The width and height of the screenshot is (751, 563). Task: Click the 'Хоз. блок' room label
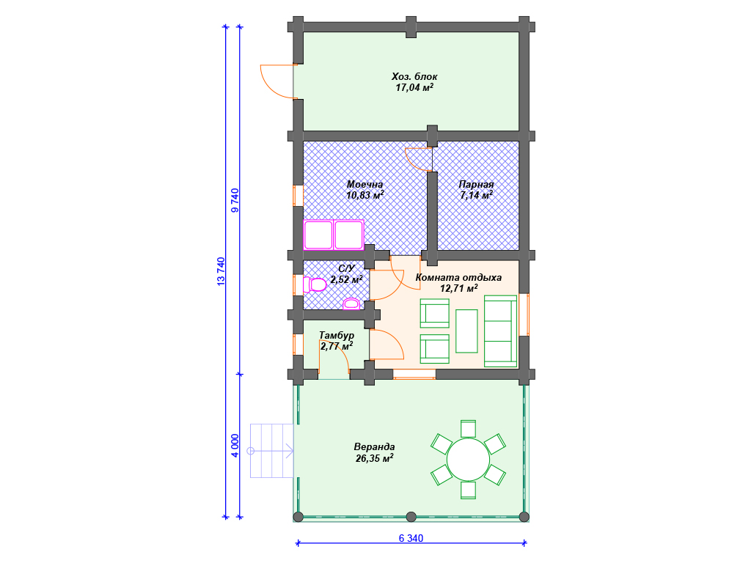click(x=414, y=76)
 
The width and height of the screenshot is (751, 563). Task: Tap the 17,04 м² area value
click(x=414, y=87)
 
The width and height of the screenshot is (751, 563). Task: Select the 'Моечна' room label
click(x=365, y=184)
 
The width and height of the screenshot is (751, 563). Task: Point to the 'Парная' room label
click(x=476, y=184)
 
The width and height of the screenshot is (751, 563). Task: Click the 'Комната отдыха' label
click(x=458, y=277)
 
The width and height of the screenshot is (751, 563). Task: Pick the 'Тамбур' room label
click(x=337, y=335)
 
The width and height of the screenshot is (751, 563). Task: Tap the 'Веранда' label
click(x=375, y=446)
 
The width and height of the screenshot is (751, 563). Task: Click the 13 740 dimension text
click(x=221, y=271)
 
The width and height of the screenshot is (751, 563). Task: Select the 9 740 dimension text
click(x=235, y=200)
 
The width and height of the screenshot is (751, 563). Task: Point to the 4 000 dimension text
click(x=235, y=446)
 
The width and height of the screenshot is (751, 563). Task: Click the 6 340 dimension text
click(x=411, y=538)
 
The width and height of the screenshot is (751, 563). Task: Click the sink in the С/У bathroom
click(x=351, y=303)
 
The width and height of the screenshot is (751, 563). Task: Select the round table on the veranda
click(x=468, y=460)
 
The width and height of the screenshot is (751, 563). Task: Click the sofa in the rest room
click(x=500, y=331)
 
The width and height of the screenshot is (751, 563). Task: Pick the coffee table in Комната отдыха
click(x=466, y=331)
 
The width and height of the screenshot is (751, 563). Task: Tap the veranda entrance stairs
click(x=271, y=451)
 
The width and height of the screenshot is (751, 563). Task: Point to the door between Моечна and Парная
click(x=419, y=159)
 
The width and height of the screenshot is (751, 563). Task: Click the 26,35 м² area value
click(x=375, y=458)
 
